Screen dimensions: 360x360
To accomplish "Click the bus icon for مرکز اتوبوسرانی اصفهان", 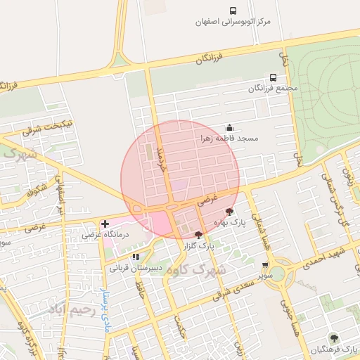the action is [233, 10].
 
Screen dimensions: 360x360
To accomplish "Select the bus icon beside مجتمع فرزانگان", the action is [273, 77].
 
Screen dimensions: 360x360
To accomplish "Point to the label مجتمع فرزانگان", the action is [273, 89].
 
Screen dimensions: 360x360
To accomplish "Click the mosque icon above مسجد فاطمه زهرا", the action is [229, 127].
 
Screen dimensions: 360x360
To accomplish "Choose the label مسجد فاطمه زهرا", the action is [229, 139].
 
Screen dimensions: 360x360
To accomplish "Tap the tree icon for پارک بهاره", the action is [229, 211].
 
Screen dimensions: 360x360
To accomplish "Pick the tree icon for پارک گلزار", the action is [198, 235].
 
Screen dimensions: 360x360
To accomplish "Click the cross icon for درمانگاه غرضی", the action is [105, 224].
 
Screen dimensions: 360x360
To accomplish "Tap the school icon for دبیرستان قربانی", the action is [136, 257].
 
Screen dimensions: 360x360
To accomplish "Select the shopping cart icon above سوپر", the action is [264, 265].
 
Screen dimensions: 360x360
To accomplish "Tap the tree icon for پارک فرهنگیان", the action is [332, 337].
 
